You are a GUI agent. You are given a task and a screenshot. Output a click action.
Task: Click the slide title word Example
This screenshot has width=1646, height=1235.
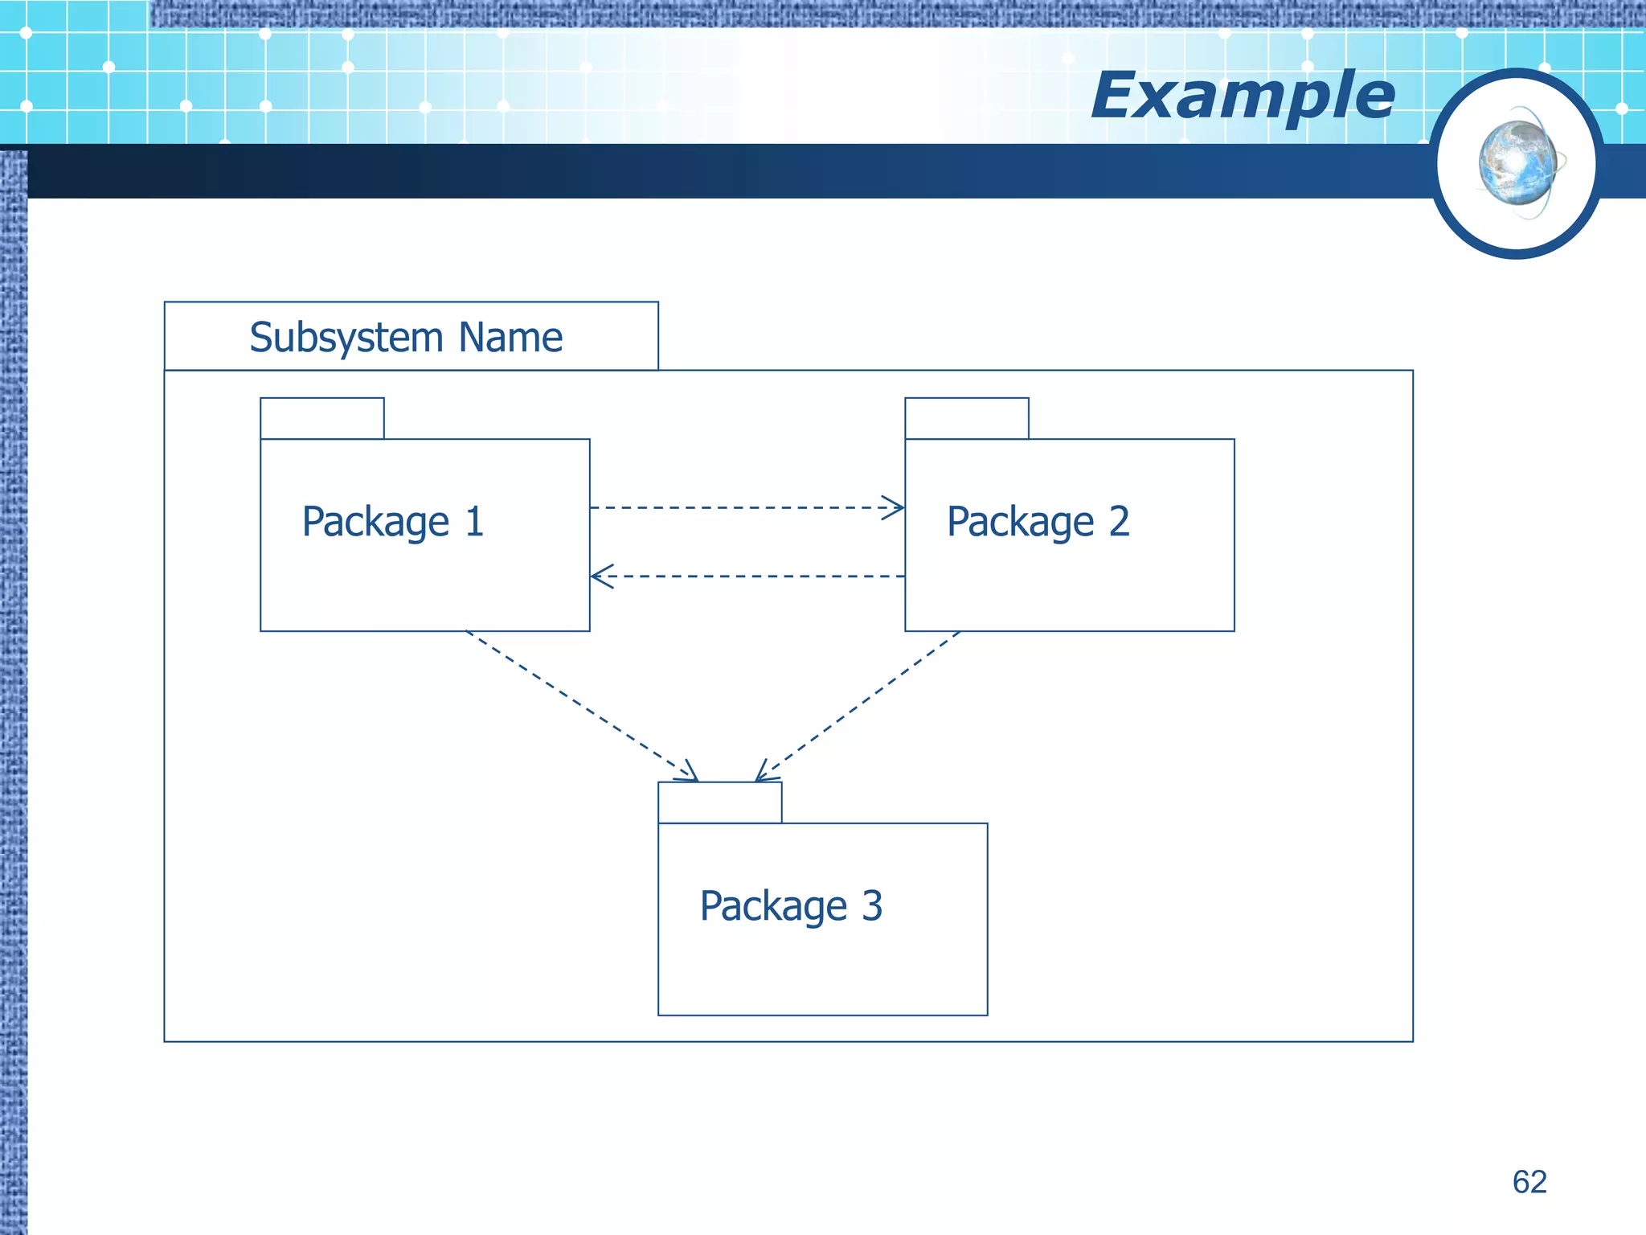pyautogui.click(x=1243, y=96)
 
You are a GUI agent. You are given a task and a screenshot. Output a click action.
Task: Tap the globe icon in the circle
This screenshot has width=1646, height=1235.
pyautogui.click(x=1517, y=163)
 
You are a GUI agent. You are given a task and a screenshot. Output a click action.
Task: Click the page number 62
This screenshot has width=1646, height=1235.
pyautogui.click(x=1529, y=1182)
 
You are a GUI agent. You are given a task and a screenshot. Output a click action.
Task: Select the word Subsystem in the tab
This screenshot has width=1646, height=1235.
pyautogui.click(x=346, y=338)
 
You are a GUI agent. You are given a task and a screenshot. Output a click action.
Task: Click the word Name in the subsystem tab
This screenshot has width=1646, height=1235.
pyautogui.click(x=510, y=337)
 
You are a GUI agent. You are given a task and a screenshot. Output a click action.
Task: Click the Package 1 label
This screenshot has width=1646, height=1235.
pyautogui.click(x=392, y=522)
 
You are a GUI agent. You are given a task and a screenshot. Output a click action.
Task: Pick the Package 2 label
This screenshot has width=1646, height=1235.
pyautogui.click(x=1038, y=522)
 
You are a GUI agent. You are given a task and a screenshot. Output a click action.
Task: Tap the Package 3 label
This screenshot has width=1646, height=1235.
pyautogui.click(x=791, y=906)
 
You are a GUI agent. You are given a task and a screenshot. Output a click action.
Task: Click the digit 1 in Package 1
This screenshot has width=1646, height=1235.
pyautogui.click(x=475, y=521)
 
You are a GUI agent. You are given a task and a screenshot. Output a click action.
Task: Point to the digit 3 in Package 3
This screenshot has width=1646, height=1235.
pyautogui.click(x=872, y=905)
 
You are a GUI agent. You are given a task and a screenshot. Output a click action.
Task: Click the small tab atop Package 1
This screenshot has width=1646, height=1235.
pyautogui.click(x=322, y=418)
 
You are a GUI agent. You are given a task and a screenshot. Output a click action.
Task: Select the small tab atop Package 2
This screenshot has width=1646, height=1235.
pyautogui.click(x=967, y=418)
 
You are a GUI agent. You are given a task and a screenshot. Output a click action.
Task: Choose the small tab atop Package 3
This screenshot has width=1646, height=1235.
pyautogui.click(x=719, y=802)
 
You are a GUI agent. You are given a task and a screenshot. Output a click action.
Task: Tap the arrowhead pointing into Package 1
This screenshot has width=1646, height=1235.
pyautogui.click(x=600, y=576)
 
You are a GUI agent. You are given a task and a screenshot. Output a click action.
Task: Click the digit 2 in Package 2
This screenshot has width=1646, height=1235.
pyautogui.click(x=1120, y=521)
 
